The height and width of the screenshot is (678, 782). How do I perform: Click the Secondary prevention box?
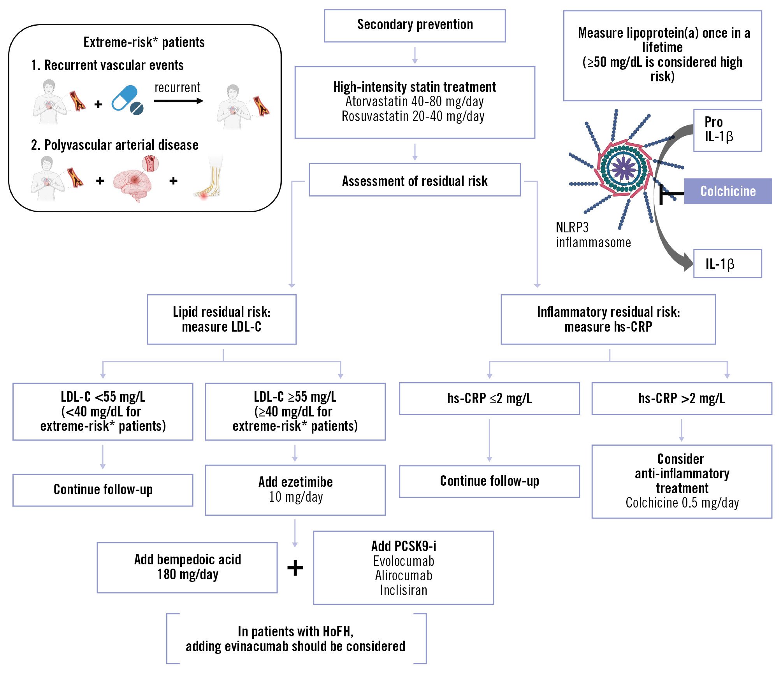[415, 25]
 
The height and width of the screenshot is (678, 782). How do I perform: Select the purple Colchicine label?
[728, 191]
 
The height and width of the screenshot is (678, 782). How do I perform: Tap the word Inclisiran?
[403, 590]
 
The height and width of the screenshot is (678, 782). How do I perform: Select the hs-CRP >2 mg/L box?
[681, 399]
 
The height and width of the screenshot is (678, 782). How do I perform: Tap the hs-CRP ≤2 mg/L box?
[489, 399]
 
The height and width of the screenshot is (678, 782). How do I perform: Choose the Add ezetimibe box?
[295, 490]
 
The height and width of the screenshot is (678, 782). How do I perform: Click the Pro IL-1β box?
[727, 130]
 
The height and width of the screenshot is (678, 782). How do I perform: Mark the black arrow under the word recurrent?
[178, 101]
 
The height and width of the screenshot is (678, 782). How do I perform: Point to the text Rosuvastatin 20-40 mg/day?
[413, 116]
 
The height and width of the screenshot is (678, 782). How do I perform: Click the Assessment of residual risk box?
[415, 181]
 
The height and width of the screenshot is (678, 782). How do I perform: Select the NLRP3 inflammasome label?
[592, 235]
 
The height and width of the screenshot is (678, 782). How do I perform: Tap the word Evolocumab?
[403, 561]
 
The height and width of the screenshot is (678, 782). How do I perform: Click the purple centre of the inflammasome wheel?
[624, 169]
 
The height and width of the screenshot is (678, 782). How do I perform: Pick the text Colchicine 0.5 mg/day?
[682, 503]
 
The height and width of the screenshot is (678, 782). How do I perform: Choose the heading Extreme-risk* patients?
[144, 42]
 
